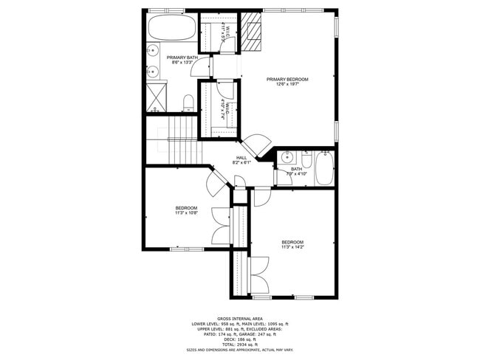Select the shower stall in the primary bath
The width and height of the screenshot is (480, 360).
156,97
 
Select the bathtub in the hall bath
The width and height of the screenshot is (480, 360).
324,169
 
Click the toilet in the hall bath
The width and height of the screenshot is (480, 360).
305,158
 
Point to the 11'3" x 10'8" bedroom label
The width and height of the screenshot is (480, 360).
186,211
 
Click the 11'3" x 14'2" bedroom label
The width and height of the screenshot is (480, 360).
292,245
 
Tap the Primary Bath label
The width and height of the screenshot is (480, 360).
182,60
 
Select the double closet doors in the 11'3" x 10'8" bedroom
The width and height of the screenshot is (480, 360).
221,226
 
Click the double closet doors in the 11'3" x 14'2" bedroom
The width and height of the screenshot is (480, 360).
258,275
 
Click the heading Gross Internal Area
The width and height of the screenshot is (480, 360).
240,319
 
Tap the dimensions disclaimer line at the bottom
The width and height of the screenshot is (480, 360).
240,350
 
